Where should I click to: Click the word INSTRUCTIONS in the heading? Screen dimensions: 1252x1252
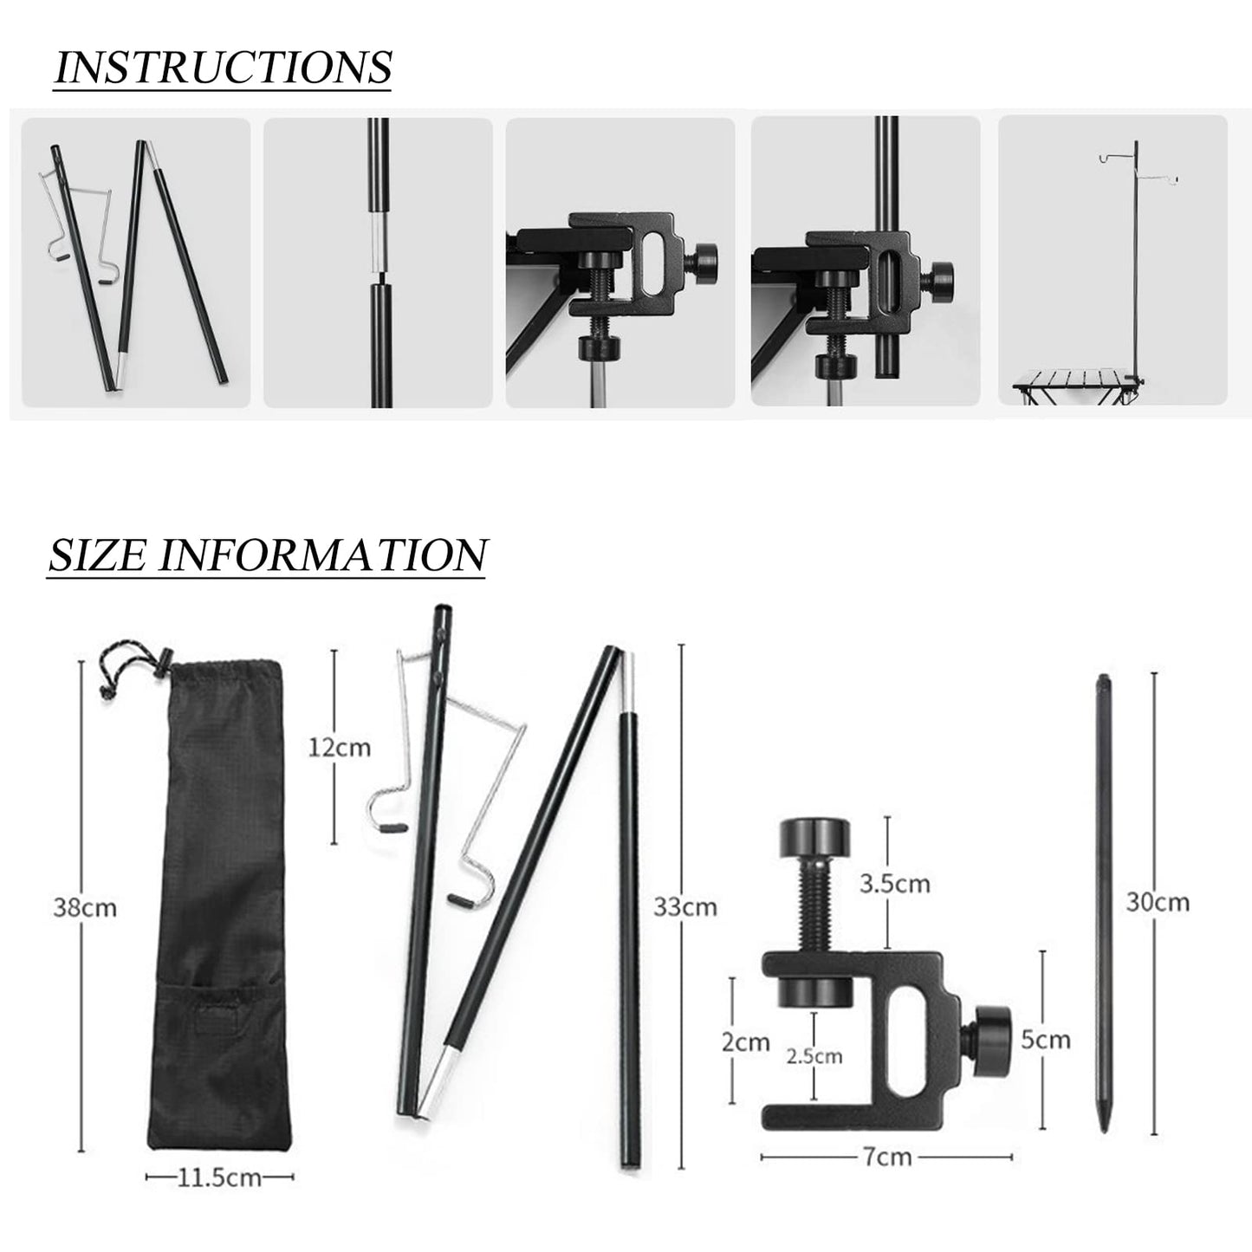coord(223,67)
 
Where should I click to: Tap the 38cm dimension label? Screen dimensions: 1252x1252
coord(84,907)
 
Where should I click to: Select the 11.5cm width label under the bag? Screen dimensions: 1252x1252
coord(219,1177)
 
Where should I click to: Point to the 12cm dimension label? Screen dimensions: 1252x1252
coord(340,746)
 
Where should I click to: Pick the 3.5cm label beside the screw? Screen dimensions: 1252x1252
coord(894,883)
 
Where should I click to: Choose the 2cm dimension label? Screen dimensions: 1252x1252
coord(746,1041)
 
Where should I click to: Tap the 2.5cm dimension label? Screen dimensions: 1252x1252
coord(814,1056)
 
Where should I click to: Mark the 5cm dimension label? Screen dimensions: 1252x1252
coord(1045,1039)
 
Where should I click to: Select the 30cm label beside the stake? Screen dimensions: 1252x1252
coord(1158,902)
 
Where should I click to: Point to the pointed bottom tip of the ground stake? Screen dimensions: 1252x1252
coord(1104,1126)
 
